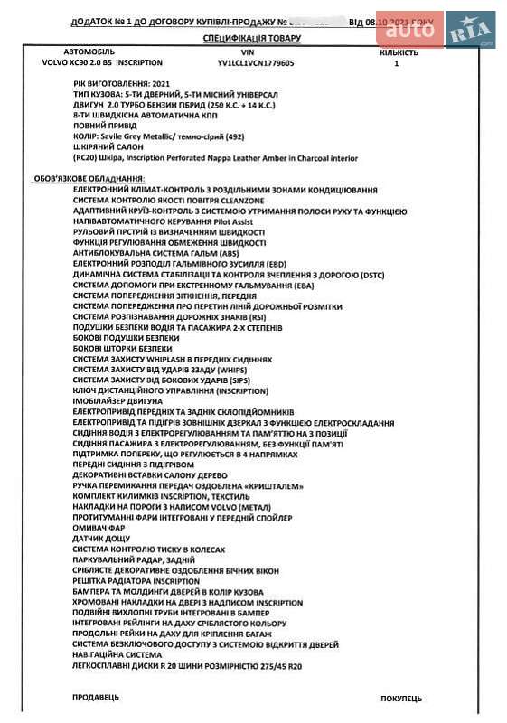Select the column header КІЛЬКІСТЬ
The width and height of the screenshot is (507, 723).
[x=399, y=53]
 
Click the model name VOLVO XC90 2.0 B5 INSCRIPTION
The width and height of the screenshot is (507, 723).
[x=102, y=64]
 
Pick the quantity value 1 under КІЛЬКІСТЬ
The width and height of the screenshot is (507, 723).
[x=397, y=64]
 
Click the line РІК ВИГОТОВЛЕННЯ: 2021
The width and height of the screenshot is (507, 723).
[x=122, y=82]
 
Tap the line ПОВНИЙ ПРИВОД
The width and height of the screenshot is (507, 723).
[x=105, y=128]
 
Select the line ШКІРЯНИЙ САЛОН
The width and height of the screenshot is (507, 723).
[x=110, y=147]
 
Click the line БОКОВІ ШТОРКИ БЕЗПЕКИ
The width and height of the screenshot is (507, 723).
[x=122, y=349]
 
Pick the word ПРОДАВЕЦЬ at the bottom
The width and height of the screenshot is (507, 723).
[x=95, y=698]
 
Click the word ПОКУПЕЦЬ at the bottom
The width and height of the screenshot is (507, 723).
[x=400, y=698]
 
